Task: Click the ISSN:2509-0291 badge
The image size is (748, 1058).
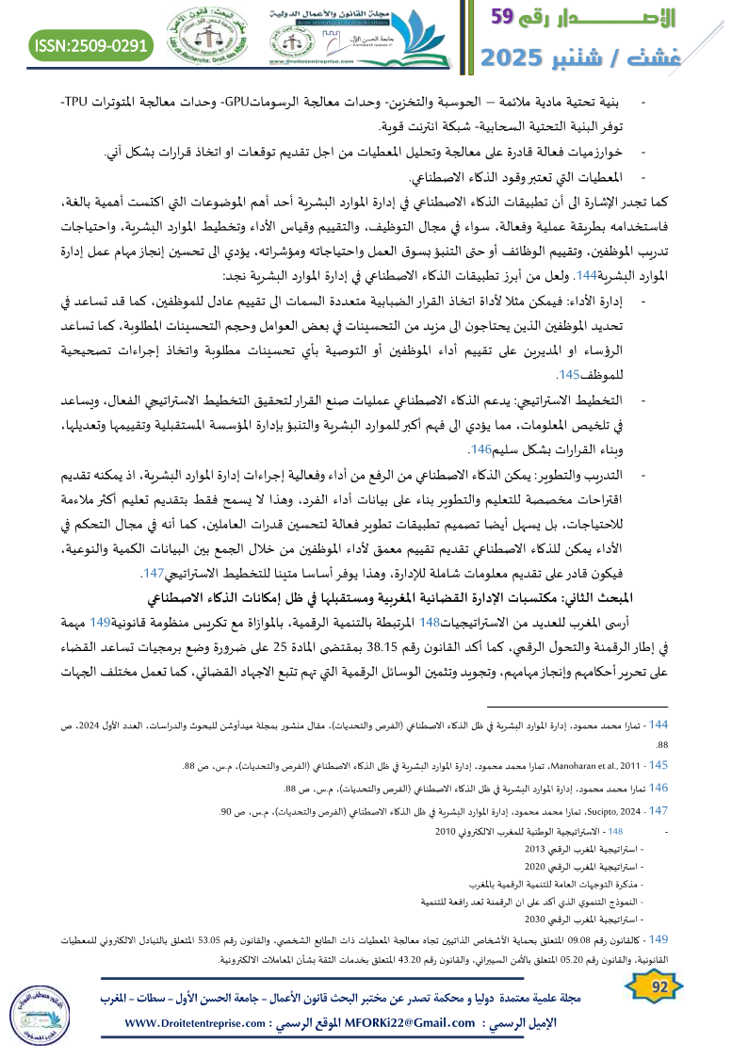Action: (91, 44)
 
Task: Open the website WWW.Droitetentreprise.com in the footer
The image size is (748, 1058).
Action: (203, 1023)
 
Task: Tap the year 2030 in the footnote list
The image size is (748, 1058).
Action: (536, 918)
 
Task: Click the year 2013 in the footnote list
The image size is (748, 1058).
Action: (538, 849)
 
